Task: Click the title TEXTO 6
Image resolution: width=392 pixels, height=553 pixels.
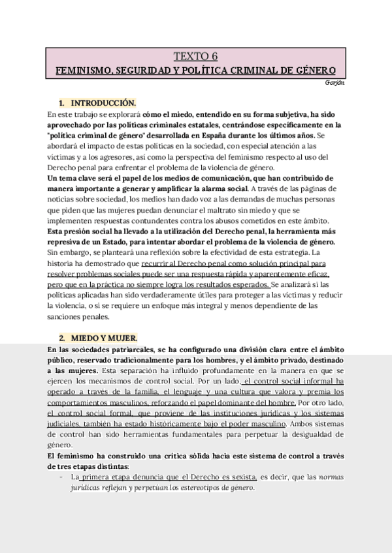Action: pyautogui.click(x=195, y=57)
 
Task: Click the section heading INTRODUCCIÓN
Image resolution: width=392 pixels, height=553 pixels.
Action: pyautogui.click(x=103, y=102)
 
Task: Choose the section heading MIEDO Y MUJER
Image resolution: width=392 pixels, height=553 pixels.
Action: pyautogui.click(x=104, y=338)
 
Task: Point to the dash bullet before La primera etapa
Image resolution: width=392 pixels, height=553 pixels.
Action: pyautogui.click(x=61, y=477)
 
